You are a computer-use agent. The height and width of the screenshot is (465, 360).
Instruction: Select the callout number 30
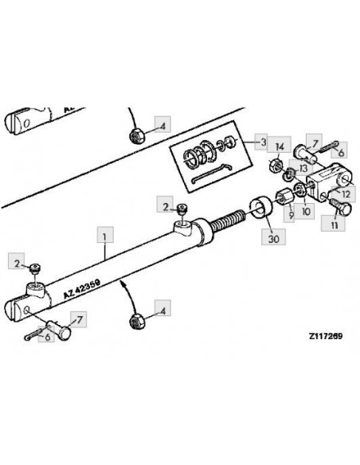273,237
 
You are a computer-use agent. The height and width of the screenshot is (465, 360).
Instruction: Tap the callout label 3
263,142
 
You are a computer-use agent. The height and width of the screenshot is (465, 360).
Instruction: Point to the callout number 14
280,147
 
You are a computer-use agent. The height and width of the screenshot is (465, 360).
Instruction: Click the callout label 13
302,169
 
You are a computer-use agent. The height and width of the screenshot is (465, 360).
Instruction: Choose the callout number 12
346,194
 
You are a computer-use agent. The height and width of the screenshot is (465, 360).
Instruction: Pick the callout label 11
335,225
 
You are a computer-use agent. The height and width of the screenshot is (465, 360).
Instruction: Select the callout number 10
305,212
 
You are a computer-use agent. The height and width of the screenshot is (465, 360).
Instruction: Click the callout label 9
290,214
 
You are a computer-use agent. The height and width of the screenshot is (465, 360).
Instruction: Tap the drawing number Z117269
326,336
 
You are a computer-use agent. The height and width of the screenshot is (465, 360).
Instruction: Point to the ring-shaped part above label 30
261,208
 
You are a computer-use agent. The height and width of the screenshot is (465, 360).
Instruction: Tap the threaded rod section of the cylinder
227,219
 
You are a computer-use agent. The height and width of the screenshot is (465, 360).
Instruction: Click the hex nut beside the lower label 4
137,321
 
